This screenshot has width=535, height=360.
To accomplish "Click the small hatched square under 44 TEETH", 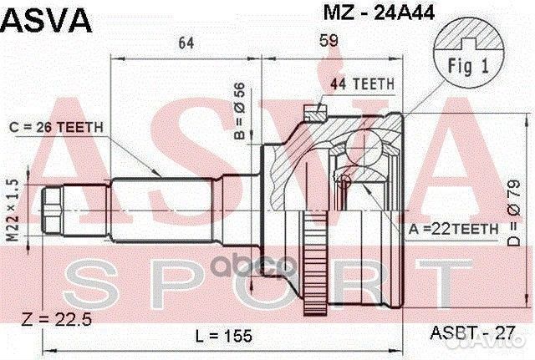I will pos(313,107).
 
